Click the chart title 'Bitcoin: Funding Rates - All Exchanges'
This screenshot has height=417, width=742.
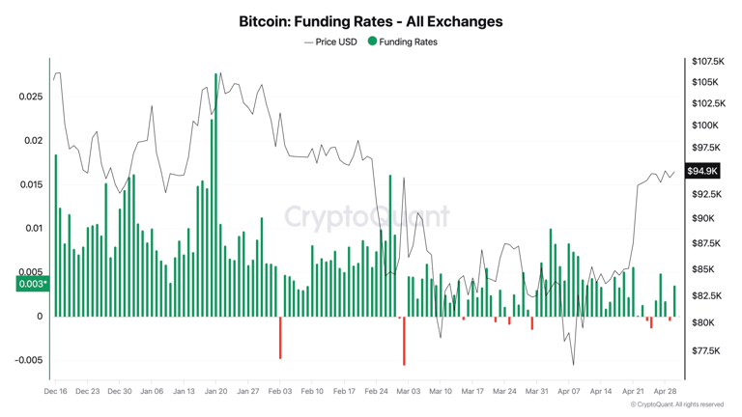tap(370, 20)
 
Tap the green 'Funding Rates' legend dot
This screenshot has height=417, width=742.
tap(372, 42)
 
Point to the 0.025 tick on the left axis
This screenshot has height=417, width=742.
tap(30, 97)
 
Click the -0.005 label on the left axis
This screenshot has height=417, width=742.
tap(28, 360)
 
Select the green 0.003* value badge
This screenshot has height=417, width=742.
tap(32, 284)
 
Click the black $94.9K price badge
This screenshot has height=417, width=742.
tap(702, 171)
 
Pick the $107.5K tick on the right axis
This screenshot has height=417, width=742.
tap(707, 62)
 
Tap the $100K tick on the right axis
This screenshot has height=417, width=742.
tap(704, 125)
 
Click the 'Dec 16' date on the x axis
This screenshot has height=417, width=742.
tap(56, 392)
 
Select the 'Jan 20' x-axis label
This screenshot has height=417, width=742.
tap(215, 392)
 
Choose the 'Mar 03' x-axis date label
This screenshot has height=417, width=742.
tap(408, 392)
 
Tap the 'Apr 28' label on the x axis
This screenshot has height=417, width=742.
tap(665, 392)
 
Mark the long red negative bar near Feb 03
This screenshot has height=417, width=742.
tap(280, 338)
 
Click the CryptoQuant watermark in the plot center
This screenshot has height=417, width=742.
tap(367, 216)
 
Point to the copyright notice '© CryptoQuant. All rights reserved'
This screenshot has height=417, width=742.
tap(675, 404)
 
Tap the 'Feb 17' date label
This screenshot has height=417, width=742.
tap(344, 392)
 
